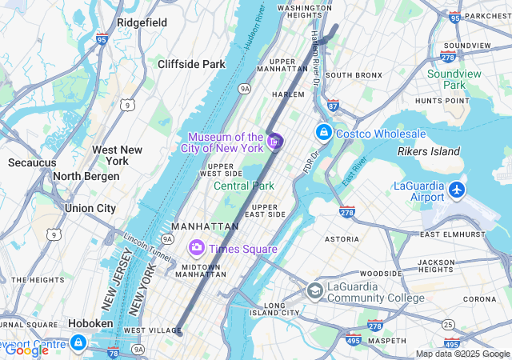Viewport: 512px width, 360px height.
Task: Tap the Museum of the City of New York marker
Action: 275,142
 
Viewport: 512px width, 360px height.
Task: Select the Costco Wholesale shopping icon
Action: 324,132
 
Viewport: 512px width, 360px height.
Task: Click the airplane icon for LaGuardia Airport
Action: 457,190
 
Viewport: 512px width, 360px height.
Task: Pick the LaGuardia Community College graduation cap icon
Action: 315,290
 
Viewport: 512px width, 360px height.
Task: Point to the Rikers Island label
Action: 429,151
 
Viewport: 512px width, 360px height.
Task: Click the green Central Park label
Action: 244,186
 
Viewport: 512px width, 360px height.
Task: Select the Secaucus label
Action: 32,162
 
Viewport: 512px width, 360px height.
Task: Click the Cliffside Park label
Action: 191,64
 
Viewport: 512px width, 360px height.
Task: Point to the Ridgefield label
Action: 142,22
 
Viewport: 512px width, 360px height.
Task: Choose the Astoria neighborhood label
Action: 342,239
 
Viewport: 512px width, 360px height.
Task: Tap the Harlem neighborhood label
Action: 289,94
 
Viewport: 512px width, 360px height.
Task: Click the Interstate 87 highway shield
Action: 333,105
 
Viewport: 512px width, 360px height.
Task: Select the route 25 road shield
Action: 449,324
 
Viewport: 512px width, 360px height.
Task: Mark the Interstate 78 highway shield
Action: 113,352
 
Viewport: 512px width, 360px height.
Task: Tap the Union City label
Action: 90,208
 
